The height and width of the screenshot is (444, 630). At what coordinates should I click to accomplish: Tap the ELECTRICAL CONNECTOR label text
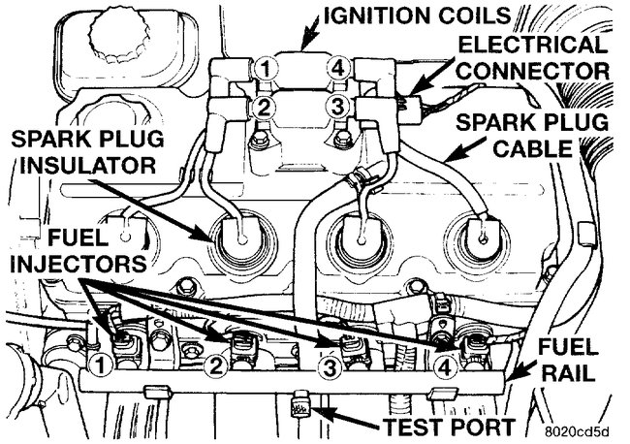tap(533, 57)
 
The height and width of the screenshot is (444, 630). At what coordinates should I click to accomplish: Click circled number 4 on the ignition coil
tap(337, 69)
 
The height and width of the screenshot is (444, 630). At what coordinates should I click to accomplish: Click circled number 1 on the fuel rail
tap(97, 365)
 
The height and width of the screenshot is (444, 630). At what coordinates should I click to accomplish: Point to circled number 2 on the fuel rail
tap(216, 365)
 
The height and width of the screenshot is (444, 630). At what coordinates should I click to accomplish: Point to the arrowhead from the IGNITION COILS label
tap(304, 44)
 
